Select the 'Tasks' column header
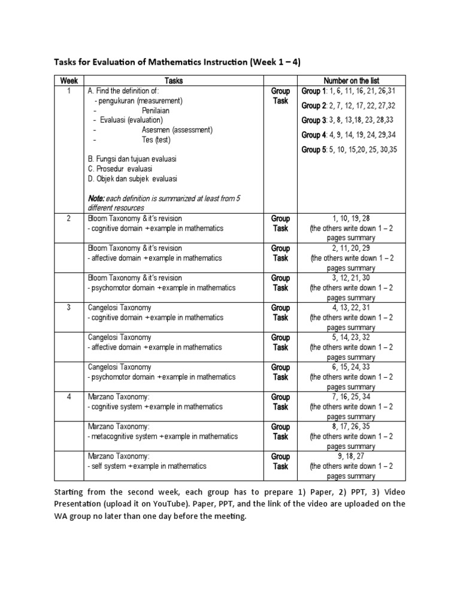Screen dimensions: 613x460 pyautogui.click(x=173, y=81)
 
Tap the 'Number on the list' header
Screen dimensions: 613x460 pyautogui.click(x=351, y=81)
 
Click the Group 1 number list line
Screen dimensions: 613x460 pyautogui.click(x=349, y=91)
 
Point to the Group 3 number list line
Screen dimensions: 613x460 pyautogui.click(x=349, y=120)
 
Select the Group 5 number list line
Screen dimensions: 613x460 pyautogui.click(x=349, y=150)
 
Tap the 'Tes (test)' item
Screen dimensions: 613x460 pyautogui.click(x=156, y=139)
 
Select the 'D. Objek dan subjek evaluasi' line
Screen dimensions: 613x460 pyautogui.click(x=132, y=178)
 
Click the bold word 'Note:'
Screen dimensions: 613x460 pyautogui.click(x=96, y=198)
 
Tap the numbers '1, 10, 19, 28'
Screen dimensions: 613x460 pyautogui.click(x=351, y=219)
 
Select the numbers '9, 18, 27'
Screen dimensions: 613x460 pyautogui.click(x=351, y=456)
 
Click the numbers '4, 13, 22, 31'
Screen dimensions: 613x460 pyautogui.click(x=351, y=308)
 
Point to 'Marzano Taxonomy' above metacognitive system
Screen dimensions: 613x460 pyautogui.click(x=119, y=426)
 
